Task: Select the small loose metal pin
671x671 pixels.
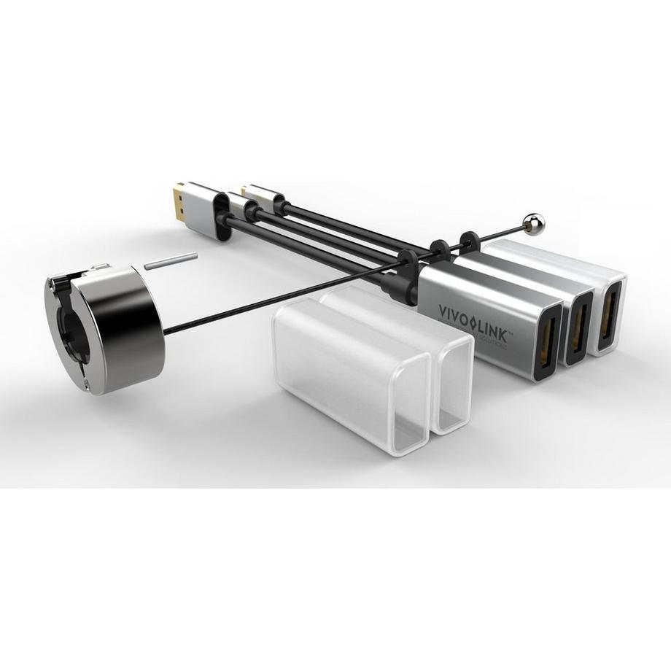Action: pos(171,261)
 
